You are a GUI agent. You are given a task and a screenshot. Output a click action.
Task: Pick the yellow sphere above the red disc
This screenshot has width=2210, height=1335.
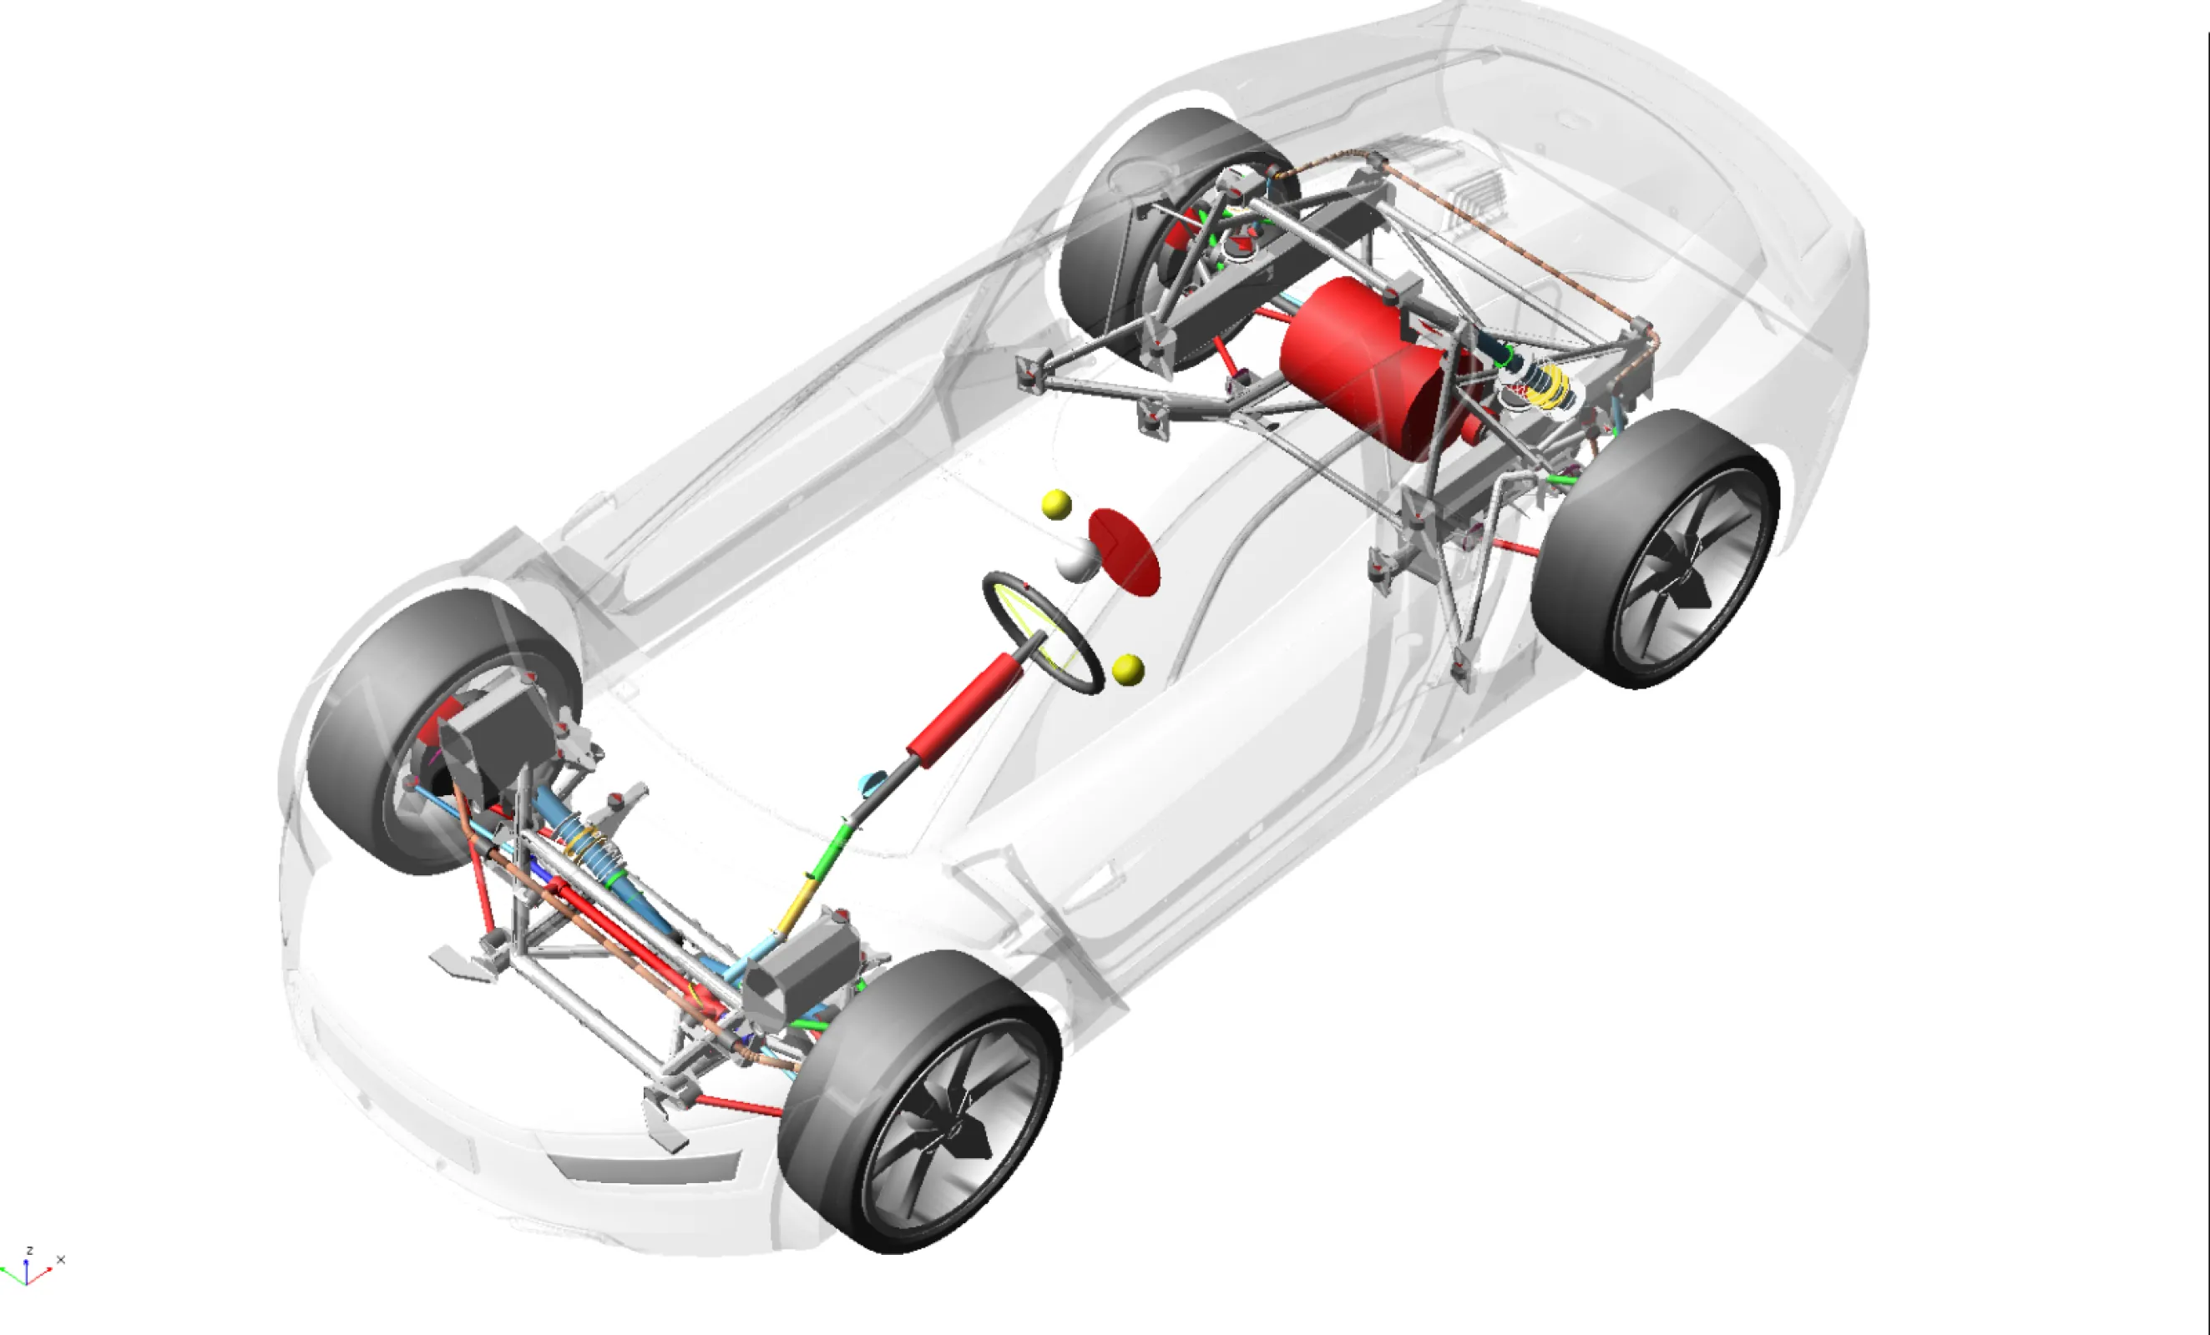[x=1056, y=504]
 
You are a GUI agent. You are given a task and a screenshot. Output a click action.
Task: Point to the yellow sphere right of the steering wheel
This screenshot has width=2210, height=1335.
[x=1127, y=670]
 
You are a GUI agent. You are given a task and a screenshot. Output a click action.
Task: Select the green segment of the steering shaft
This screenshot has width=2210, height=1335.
[x=832, y=849]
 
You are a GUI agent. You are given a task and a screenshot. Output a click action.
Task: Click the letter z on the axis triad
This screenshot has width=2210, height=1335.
[x=29, y=1250]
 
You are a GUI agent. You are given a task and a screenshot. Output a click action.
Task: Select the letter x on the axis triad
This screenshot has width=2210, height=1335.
[x=61, y=1260]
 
